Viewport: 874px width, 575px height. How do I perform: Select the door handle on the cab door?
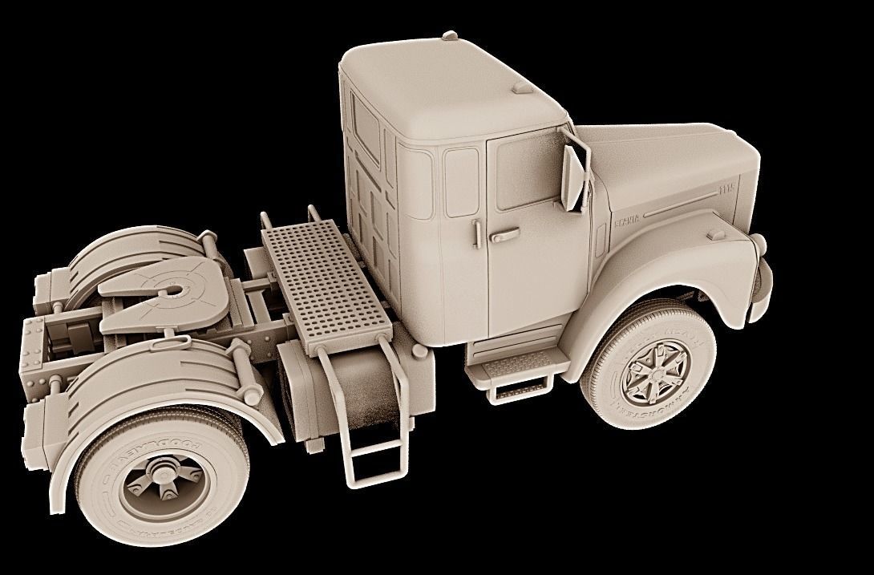[x=505, y=236]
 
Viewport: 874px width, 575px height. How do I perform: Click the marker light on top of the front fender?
[x=716, y=234]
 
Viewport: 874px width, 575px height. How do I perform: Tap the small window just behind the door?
[x=461, y=182]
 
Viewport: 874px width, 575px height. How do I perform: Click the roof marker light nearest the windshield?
[x=522, y=87]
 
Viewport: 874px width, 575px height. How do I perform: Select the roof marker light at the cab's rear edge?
[x=450, y=35]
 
